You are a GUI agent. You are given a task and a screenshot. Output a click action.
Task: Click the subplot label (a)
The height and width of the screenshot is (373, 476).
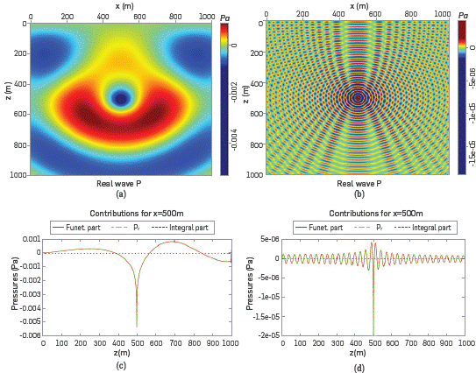[122, 194]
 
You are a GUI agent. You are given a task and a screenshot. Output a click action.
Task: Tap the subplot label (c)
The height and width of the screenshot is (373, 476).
[122, 364]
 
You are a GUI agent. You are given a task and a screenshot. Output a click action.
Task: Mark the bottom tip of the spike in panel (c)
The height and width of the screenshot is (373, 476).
[137, 326]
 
